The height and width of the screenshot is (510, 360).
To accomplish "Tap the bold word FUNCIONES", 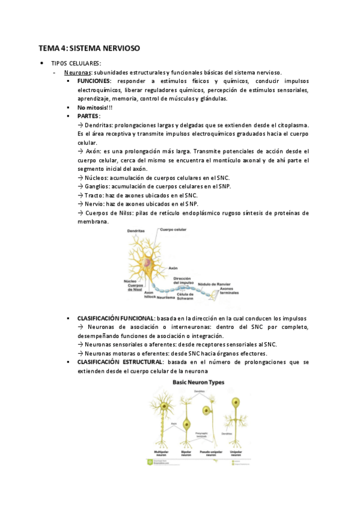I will point(94,81).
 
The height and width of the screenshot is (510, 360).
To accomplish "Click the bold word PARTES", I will point(89,115).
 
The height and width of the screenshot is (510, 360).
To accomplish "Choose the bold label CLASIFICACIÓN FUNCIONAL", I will point(116,318).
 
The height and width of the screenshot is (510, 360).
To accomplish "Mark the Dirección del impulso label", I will point(183,281).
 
